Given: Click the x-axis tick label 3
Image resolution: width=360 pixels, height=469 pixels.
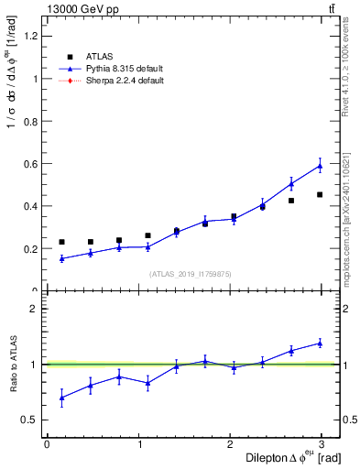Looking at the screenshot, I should click(323, 444).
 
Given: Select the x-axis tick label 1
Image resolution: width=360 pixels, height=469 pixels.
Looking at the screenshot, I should click(139, 444).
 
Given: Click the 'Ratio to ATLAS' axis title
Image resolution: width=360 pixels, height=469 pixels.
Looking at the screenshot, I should click(13, 364).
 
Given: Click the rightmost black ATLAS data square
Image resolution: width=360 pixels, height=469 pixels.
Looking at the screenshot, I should click(320, 194).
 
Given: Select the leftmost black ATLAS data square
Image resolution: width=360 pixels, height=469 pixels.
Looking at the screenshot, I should click(61, 242).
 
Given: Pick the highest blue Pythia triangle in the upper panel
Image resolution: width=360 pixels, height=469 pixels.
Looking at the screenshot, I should click(320, 166).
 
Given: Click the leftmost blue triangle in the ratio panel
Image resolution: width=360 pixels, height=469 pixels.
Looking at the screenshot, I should click(61, 398).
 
